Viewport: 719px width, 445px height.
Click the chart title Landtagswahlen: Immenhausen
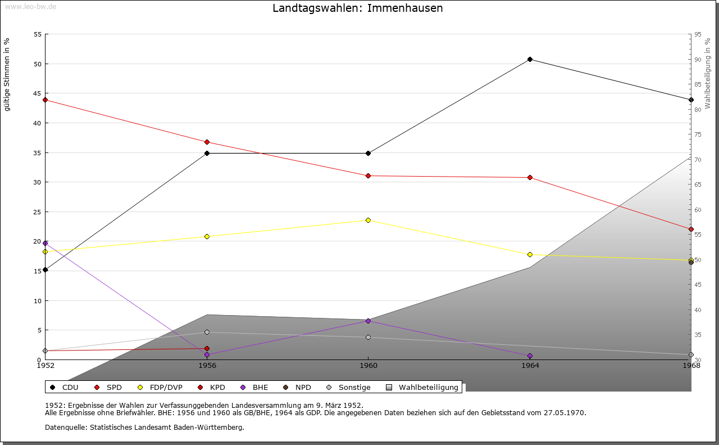coord(357,8)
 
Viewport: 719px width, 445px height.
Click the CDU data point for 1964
coord(530,59)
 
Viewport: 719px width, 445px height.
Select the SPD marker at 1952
coord(45,100)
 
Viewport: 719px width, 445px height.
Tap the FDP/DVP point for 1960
coord(368,220)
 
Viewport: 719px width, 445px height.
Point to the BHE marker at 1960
coord(368,321)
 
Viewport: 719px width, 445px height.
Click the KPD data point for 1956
coord(207,348)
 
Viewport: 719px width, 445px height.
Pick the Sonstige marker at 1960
coord(368,337)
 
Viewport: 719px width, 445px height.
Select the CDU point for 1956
coord(207,153)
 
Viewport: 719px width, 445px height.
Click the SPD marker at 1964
coord(530,177)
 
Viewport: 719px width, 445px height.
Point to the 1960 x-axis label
coord(368,365)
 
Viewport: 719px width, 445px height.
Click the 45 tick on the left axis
coord(38,93)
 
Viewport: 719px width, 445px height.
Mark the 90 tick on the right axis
coord(697,59)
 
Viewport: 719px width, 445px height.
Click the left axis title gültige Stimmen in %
coord(7,74)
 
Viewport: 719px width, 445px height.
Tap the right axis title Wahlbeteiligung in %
coord(708,73)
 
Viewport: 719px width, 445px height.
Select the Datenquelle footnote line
coord(144,427)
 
